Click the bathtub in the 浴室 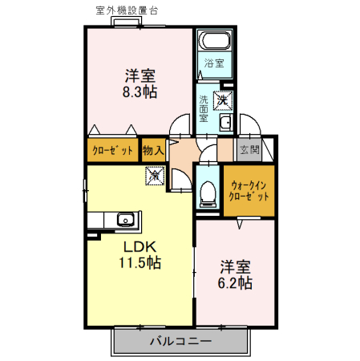[215, 41]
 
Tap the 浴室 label [214, 63]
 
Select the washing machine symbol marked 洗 [222, 100]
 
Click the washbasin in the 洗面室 [226, 123]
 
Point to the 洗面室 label [204, 108]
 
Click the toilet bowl [208, 192]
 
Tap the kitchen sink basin [125, 220]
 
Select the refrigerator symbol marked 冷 [155, 176]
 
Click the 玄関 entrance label [249, 149]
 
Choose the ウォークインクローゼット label [249, 191]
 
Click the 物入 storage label [153, 150]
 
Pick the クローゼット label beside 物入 [112, 151]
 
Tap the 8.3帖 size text [140, 91]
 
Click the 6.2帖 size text [235, 283]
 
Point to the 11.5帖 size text [140, 262]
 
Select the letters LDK [140, 247]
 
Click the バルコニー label [181, 341]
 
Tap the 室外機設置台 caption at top [127, 10]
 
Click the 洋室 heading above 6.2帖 [235, 266]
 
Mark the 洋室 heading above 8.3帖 [140, 75]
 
